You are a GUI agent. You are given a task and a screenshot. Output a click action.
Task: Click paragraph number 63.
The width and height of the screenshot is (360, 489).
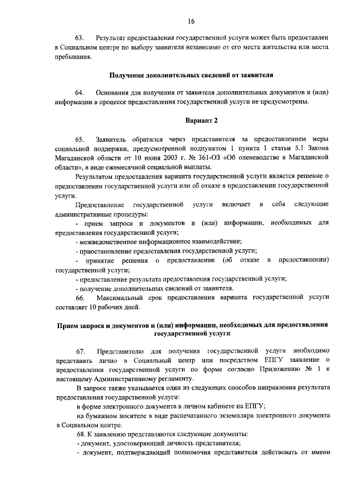79,37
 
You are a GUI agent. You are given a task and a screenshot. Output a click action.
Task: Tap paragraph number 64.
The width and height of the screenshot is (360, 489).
79,92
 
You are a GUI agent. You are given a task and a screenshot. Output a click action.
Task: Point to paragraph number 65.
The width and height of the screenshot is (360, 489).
79,138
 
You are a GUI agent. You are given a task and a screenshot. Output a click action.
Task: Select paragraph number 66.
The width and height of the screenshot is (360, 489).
79,298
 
